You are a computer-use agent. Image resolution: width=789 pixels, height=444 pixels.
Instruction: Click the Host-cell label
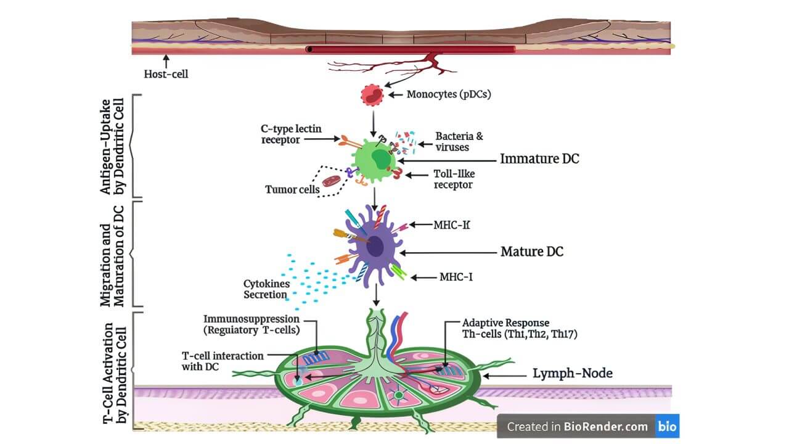[x=166, y=74]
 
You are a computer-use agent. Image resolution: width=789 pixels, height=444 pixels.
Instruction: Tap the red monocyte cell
[x=372, y=95]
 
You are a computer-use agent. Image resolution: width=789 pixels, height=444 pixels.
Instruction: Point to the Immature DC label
[x=539, y=159]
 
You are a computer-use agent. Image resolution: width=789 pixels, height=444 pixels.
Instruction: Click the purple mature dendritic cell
[x=374, y=247]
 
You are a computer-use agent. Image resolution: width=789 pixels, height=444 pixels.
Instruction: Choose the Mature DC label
[x=531, y=252]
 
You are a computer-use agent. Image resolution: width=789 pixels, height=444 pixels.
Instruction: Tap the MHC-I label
[x=456, y=277]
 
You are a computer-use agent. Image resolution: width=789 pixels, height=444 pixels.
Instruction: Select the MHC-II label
[x=451, y=225]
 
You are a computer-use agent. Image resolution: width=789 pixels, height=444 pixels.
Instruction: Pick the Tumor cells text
[x=292, y=189]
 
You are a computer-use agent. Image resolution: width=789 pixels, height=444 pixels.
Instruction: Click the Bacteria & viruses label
[x=455, y=141]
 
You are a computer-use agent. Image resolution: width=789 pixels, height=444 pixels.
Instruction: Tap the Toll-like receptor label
[x=454, y=179]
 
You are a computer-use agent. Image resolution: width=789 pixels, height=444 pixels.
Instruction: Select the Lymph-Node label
[x=573, y=373]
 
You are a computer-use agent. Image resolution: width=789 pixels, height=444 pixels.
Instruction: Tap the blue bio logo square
[x=667, y=426]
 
